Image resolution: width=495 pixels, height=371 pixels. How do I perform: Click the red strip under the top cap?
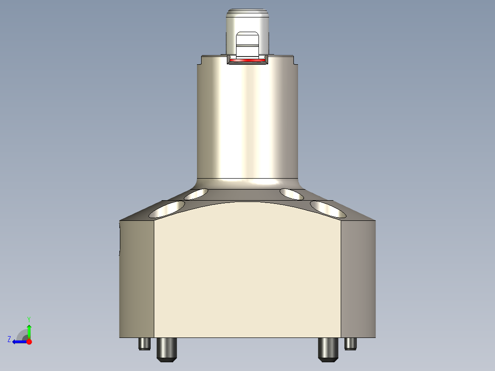point(247,60)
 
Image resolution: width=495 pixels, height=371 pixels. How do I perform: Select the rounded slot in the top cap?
point(247,44)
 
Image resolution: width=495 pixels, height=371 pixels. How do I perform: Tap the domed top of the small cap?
point(247,13)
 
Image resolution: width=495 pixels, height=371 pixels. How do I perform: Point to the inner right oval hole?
point(292,194)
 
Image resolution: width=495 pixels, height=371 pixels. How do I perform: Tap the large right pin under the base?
point(327,349)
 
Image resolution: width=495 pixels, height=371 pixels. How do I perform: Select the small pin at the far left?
point(144,343)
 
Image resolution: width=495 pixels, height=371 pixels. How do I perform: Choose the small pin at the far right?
point(351,343)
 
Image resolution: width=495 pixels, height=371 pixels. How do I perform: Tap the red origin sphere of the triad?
point(29,342)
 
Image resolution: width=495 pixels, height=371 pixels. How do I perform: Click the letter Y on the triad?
point(29,318)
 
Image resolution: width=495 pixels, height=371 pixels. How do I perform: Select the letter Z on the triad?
point(9,339)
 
